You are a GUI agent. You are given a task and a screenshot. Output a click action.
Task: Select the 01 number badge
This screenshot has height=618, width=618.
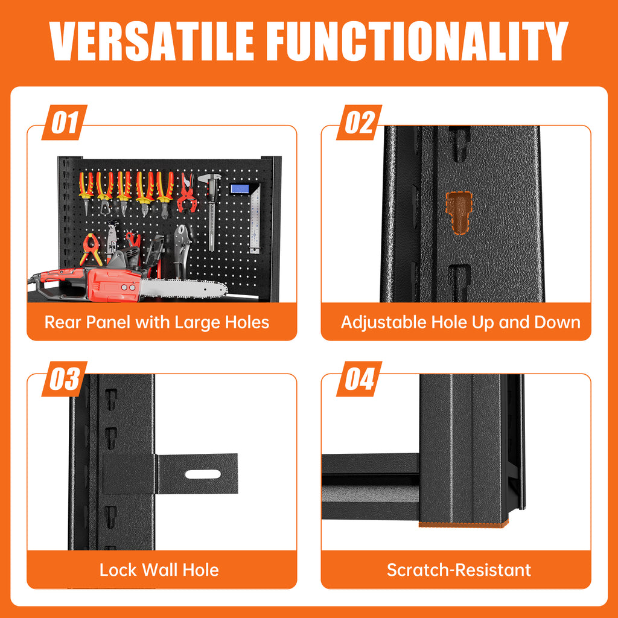coord(65,122)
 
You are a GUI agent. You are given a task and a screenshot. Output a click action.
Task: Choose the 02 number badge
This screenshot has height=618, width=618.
coord(359,122)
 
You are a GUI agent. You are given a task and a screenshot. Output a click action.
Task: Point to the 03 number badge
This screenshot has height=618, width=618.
coord(65,379)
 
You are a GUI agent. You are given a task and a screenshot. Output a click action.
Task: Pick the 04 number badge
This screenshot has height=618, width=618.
coord(359,379)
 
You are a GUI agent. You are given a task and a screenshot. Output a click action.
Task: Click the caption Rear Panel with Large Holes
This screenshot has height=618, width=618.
coord(157,322)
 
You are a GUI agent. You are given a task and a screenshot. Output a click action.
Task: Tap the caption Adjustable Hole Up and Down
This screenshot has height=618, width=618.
coord(460,322)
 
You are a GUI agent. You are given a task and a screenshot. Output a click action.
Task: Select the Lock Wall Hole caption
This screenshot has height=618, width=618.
coord(159,570)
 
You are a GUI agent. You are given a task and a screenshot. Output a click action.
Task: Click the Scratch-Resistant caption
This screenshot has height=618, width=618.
coord(459,570)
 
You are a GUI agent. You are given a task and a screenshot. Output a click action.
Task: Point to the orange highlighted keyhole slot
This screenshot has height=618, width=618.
coord(459,212)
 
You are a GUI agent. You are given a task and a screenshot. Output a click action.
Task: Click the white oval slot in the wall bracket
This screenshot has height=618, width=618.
coord(203,474)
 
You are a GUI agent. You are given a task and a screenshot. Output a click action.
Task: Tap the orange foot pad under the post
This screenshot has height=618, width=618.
coord(463,524)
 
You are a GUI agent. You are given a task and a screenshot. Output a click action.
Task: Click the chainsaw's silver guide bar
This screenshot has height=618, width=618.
coord(183,289)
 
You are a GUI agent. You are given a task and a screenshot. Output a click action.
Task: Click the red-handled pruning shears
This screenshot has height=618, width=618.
coord(187,194)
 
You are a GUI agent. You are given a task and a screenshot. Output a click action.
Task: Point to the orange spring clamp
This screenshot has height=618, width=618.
coord(91,249)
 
